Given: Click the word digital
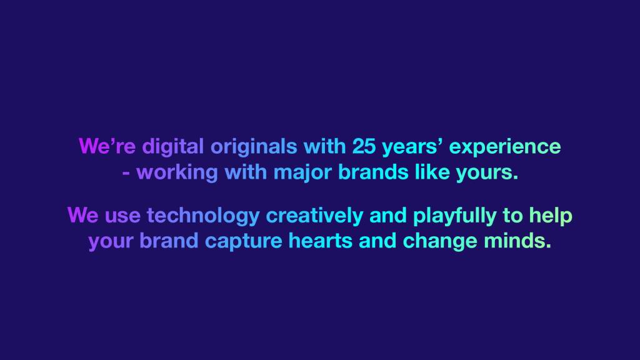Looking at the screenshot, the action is [173, 147].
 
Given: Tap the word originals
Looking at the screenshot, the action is [254, 147].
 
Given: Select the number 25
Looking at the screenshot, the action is [364, 146].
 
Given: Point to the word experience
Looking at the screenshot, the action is [505, 147].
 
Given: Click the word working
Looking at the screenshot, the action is [177, 173].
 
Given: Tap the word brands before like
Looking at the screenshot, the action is [373, 172].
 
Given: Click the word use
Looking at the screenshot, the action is [122, 216].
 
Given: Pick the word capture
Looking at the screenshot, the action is [243, 242].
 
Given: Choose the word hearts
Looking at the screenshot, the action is [321, 241].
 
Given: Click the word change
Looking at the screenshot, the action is [440, 242].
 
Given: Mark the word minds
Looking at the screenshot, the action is [517, 241].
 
